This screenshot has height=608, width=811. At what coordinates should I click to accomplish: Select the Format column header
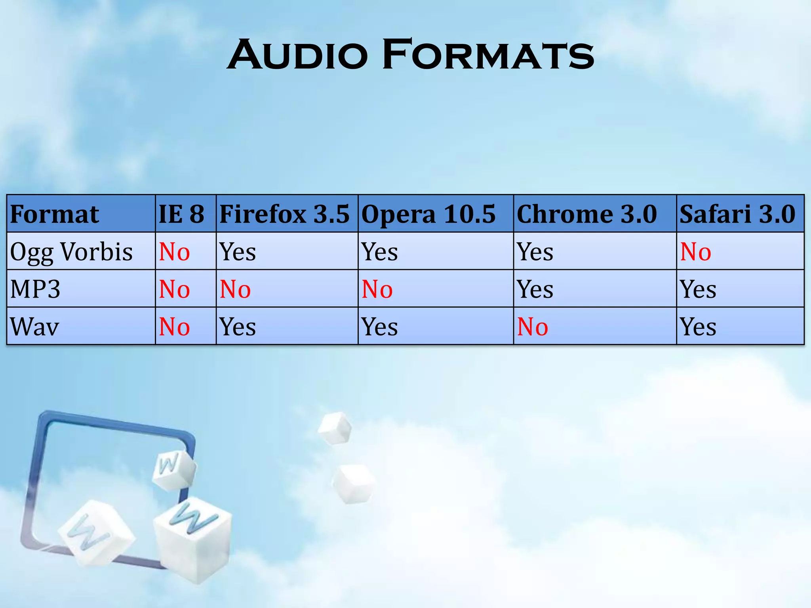click(55, 214)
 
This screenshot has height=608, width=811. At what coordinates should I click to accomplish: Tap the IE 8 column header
click(181, 214)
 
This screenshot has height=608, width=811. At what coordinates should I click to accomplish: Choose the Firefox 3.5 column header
click(284, 214)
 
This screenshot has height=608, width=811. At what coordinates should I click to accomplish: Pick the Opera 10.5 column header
click(428, 214)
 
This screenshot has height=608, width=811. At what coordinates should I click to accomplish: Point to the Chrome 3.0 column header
click(586, 214)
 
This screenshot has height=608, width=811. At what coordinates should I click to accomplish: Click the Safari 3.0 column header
click(737, 214)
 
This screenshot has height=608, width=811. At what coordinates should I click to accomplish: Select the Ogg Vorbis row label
click(71, 252)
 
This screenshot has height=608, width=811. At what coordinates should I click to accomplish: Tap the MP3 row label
click(35, 289)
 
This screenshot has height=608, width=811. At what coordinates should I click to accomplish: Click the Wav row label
click(35, 327)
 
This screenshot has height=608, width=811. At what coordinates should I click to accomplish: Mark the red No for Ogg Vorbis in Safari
click(695, 252)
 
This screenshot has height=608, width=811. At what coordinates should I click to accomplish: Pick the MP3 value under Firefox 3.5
click(235, 289)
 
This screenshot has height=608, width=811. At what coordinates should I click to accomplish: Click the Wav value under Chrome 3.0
click(533, 327)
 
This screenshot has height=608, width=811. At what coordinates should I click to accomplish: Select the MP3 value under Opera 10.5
click(377, 289)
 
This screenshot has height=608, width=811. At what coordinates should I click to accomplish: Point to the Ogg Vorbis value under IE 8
click(174, 252)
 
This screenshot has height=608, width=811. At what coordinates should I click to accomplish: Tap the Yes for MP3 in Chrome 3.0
click(535, 289)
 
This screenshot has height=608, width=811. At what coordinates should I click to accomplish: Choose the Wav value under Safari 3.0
click(698, 327)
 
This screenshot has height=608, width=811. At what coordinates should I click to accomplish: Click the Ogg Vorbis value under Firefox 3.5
click(238, 252)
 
